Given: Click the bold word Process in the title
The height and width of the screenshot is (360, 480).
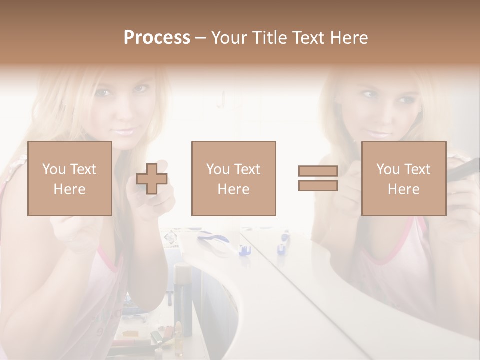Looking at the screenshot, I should click(157, 38).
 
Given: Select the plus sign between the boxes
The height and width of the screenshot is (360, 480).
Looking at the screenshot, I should click(152, 178).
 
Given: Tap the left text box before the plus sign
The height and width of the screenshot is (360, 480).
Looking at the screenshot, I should click(70, 178).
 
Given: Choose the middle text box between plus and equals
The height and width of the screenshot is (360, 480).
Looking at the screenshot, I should click(234, 178).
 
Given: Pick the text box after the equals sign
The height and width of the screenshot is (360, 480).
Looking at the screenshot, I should click(404, 178).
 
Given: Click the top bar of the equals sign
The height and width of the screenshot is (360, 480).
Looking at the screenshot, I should click(318, 171).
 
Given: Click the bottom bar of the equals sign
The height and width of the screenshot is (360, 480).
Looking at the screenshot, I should click(318, 186).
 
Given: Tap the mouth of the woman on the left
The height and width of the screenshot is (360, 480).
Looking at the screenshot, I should click(123, 132).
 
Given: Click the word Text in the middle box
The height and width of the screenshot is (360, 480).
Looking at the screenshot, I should click(247, 169).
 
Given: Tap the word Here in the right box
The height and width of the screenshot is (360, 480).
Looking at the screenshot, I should click(404, 189).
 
